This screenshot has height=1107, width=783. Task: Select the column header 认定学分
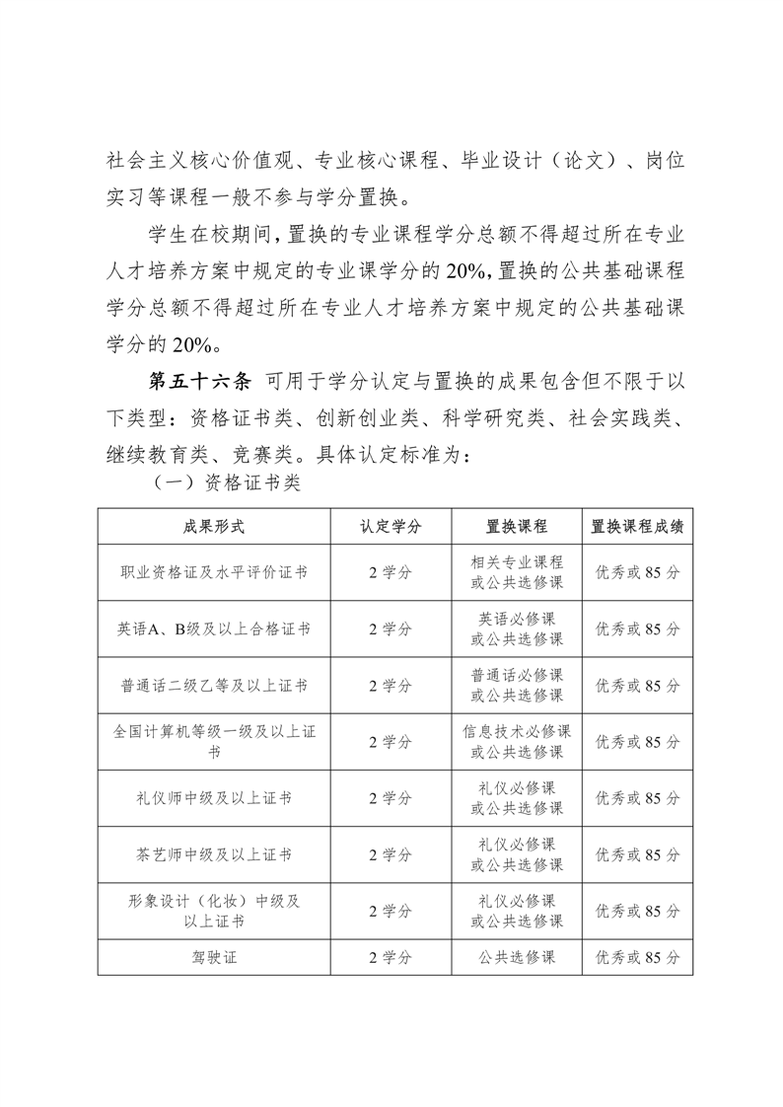tap(391, 526)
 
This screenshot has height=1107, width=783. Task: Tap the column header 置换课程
tap(517, 526)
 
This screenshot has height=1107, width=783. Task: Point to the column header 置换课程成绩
tap(637, 526)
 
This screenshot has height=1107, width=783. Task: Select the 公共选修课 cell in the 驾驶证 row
tap(517, 956)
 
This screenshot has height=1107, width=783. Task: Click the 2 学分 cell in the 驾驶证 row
tap(391, 956)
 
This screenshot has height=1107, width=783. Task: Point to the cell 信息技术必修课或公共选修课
tap(517, 741)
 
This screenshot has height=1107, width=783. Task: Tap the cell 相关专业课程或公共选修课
tap(517, 572)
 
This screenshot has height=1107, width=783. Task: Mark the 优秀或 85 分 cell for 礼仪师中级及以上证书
tap(637, 797)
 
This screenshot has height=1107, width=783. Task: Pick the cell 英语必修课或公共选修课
tap(517, 628)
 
